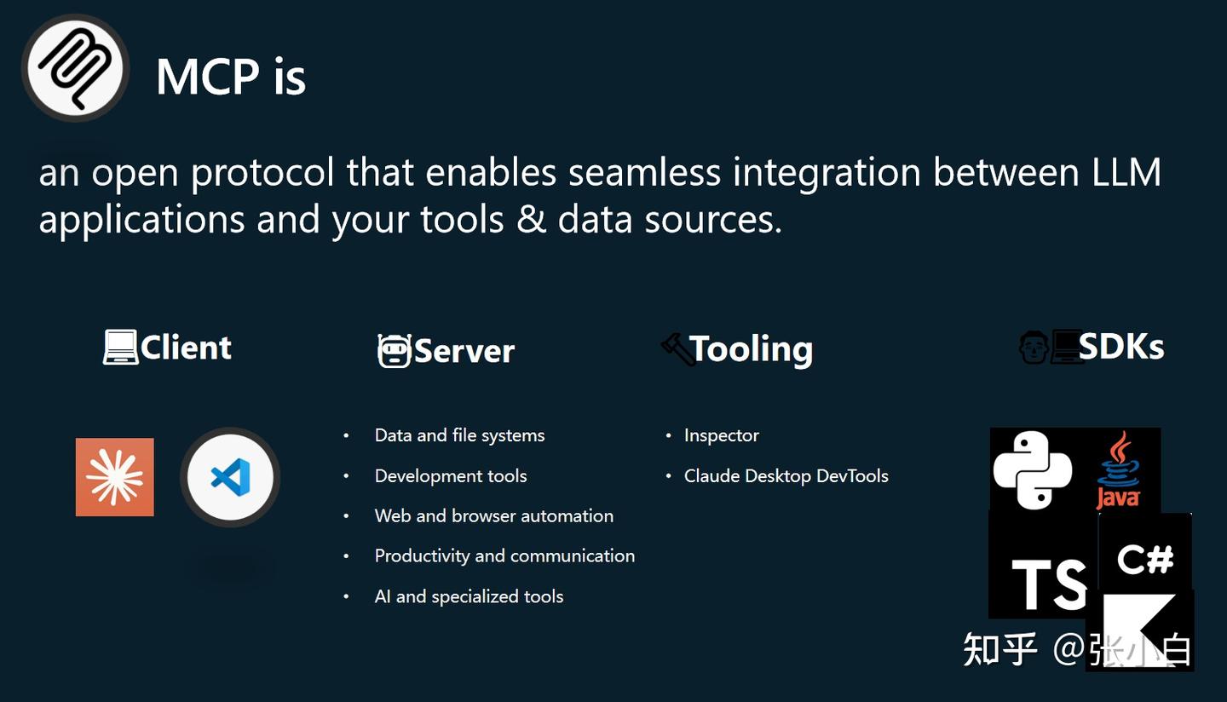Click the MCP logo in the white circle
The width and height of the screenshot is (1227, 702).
tap(76, 68)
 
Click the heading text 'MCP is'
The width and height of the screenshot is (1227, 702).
tap(231, 77)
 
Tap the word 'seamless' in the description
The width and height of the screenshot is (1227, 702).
tap(644, 172)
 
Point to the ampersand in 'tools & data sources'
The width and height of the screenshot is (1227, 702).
tap(531, 219)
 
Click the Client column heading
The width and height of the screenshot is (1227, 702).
tap(186, 348)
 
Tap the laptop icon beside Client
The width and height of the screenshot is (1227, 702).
tap(120, 347)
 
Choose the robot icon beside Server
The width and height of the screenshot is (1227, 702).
tap(394, 350)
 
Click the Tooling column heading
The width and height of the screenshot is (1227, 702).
tap(751, 348)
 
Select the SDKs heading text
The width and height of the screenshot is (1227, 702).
tap(1121, 347)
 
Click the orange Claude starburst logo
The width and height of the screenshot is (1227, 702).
tap(114, 477)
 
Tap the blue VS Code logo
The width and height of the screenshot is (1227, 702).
tap(231, 477)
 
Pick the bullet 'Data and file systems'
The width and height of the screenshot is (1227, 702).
tap(459, 435)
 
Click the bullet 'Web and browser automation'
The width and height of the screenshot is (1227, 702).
tap(494, 515)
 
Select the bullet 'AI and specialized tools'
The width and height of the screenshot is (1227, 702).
tap(469, 596)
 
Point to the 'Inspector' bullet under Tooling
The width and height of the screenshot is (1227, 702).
tap(722, 435)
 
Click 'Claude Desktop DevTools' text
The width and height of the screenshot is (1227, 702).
tap(786, 476)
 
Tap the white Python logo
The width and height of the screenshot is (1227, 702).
tap(1033, 470)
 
